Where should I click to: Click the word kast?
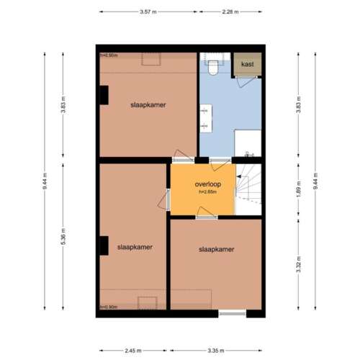click(247, 65)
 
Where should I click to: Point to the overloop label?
click(207, 184)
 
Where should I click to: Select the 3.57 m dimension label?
click(148, 12)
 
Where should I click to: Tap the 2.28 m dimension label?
click(231, 12)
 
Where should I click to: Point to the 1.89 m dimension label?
click(297, 190)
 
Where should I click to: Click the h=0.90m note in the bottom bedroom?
click(109, 307)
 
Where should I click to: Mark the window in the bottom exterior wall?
click(232, 313)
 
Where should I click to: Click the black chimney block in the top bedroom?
click(103, 95)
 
